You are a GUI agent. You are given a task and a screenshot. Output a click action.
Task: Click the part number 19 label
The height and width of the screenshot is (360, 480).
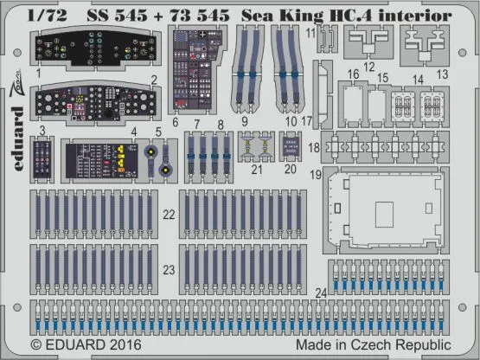coord(317,175)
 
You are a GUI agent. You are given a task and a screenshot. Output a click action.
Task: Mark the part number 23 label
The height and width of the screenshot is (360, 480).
coord(170,270)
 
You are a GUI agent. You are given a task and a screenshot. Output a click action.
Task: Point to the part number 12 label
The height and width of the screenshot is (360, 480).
coord(368,67)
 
